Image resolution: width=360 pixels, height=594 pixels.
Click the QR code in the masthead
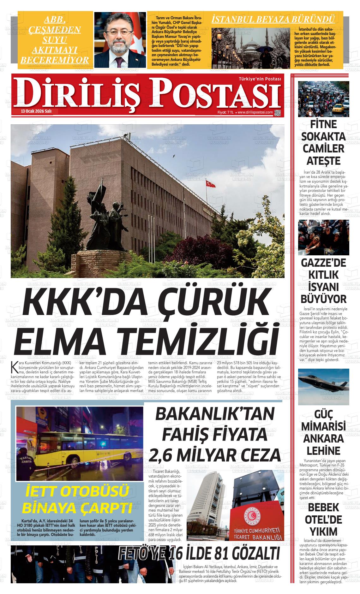click(278, 112)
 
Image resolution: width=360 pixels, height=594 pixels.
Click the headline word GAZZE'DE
click(323, 263)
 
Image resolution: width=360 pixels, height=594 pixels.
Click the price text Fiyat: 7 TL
click(225, 112)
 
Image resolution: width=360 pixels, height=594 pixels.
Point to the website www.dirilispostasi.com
click(255, 112)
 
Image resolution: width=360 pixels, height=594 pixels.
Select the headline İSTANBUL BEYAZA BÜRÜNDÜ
click(273, 19)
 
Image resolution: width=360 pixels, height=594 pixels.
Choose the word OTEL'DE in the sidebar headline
click(323, 519)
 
